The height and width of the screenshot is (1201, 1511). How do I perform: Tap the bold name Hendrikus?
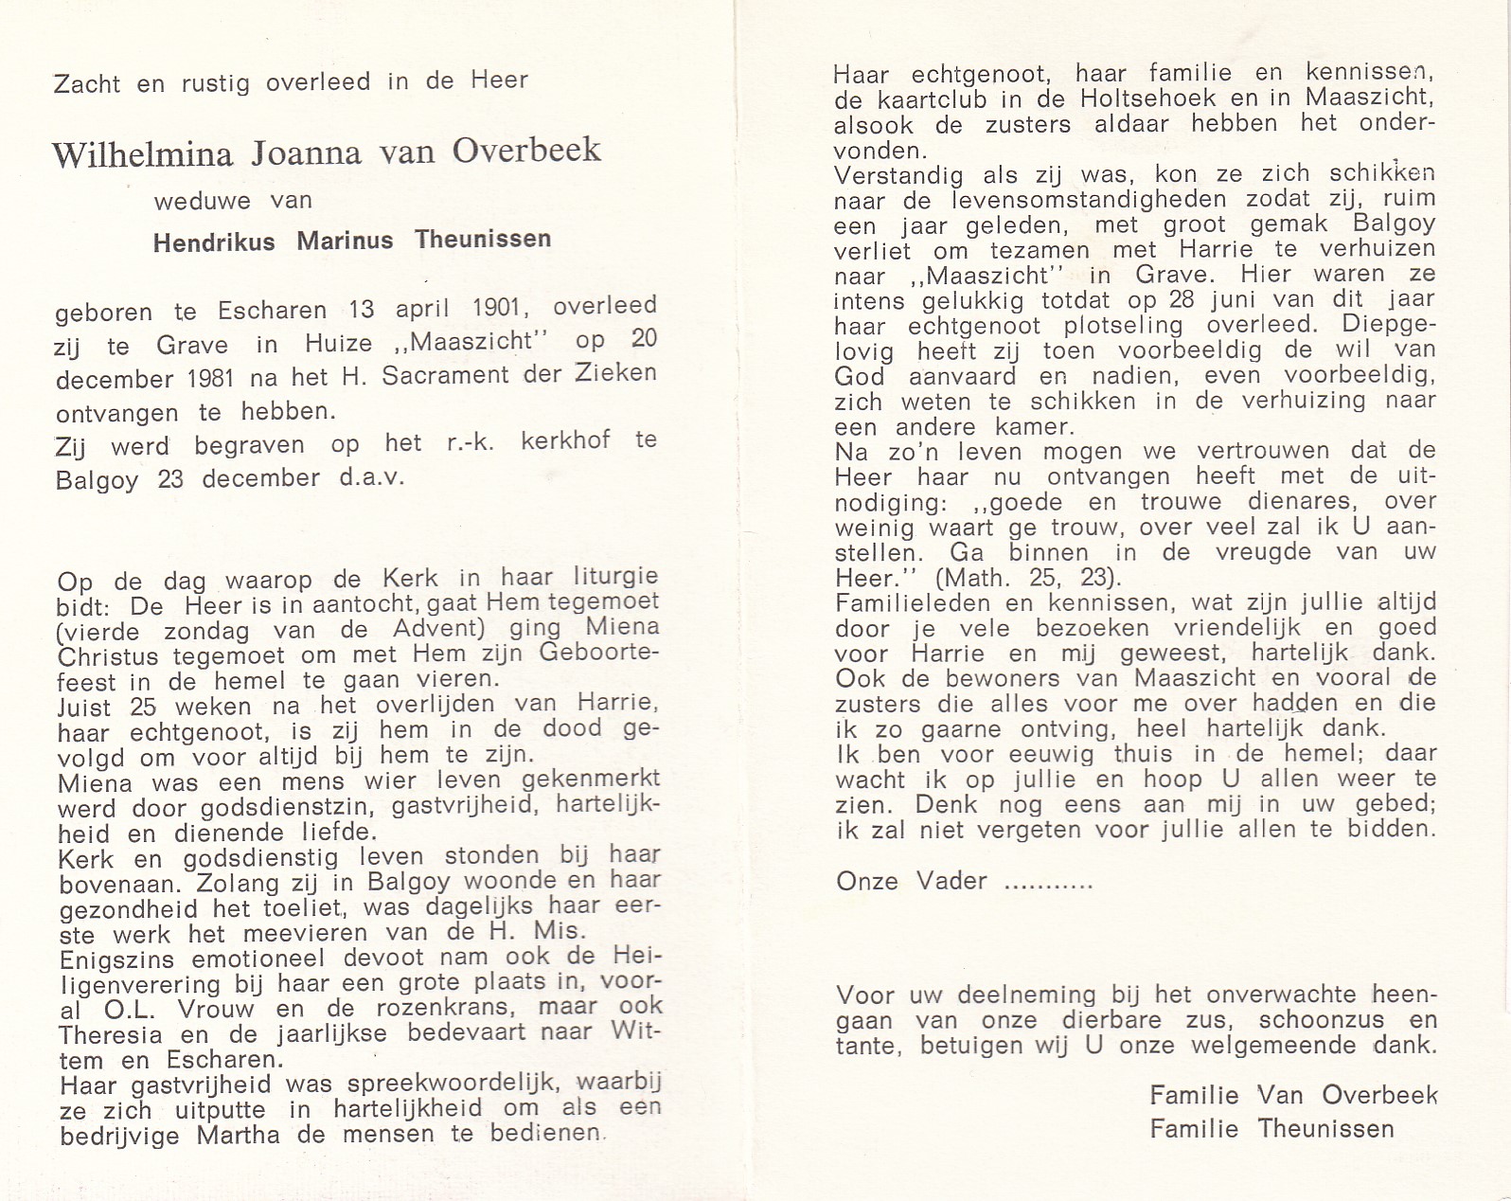[x=214, y=242]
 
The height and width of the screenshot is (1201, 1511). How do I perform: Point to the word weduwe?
[x=203, y=201]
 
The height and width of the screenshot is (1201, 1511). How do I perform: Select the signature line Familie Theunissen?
[x=1271, y=1129]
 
